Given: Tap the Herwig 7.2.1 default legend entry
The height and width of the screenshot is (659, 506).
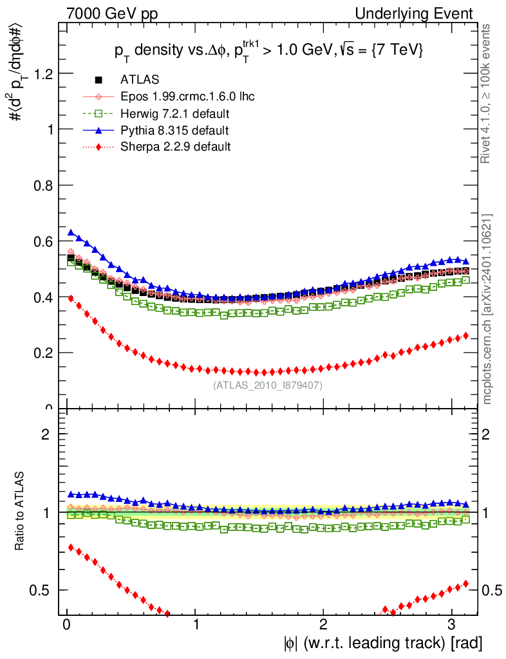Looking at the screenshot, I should click(x=175, y=113).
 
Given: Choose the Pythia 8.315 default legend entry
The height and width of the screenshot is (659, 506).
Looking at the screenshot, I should click(x=174, y=130).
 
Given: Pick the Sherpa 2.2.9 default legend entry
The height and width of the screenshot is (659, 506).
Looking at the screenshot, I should click(x=175, y=147).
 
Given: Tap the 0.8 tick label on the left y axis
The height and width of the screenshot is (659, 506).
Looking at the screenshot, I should click(x=42, y=185).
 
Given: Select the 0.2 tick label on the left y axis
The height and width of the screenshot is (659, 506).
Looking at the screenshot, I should click(x=42, y=353).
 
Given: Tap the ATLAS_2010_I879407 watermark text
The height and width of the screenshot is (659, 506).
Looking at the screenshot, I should click(x=268, y=385).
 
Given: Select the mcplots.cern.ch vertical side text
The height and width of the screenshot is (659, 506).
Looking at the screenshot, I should click(x=487, y=309).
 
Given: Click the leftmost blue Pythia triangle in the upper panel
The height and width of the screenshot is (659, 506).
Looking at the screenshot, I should click(x=71, y=232).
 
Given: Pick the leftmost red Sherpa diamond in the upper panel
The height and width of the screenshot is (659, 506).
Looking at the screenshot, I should click(x=71, y=298).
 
